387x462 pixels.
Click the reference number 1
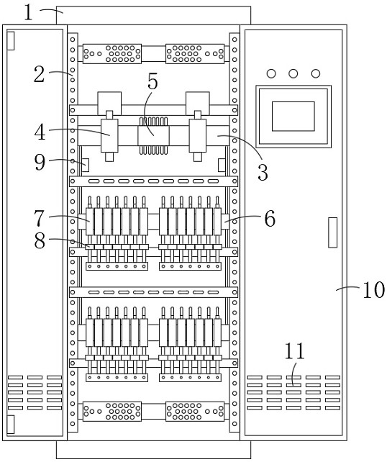tap(28, 13)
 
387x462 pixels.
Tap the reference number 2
tap(39, 74)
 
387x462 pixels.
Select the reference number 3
tap(263, 172)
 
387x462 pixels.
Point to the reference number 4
tap(40, 132)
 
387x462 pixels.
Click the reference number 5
tap(152, 81)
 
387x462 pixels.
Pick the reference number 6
tap(270, 218)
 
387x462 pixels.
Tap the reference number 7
tap(40, 218)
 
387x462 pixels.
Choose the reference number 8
tap(40, 240)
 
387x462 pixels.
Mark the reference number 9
tap(40, 162)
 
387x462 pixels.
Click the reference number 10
tap(373, 289)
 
